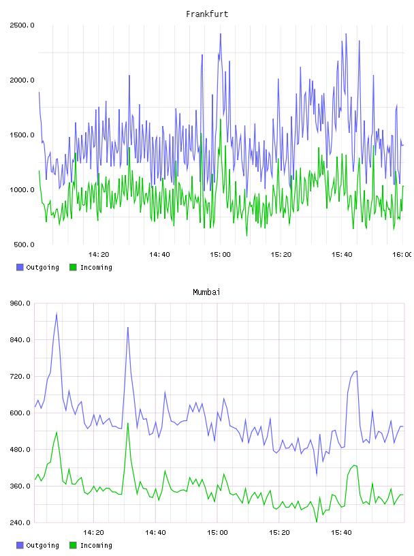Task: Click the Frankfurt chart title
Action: [x=207, y=14]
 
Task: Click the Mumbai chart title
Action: [x=206, y=292]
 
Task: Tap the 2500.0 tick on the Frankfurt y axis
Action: [x=22, y=25]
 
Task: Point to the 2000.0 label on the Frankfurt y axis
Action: [x=22, y=80]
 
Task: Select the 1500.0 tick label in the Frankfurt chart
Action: [x=22, y=135]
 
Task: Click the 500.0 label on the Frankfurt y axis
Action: [x=24, y=245]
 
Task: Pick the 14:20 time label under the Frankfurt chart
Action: [x=99, y=255]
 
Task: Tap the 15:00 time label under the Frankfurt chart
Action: [x=220, y=255]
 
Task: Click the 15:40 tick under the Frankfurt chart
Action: [x=342, y=255]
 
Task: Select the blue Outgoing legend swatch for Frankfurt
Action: [x=20, y=267]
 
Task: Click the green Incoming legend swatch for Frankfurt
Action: [x=73, y=267]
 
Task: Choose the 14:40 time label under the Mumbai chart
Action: [x=155, y=533]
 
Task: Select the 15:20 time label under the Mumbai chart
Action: [x=279, y=533]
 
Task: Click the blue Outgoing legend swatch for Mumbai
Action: [x=20, y=545]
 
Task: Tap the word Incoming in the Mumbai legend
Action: [x=96, y=545]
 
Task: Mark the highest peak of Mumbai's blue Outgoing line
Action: [x=57, y=314]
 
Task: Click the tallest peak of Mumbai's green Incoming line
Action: [x=128, y=423]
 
